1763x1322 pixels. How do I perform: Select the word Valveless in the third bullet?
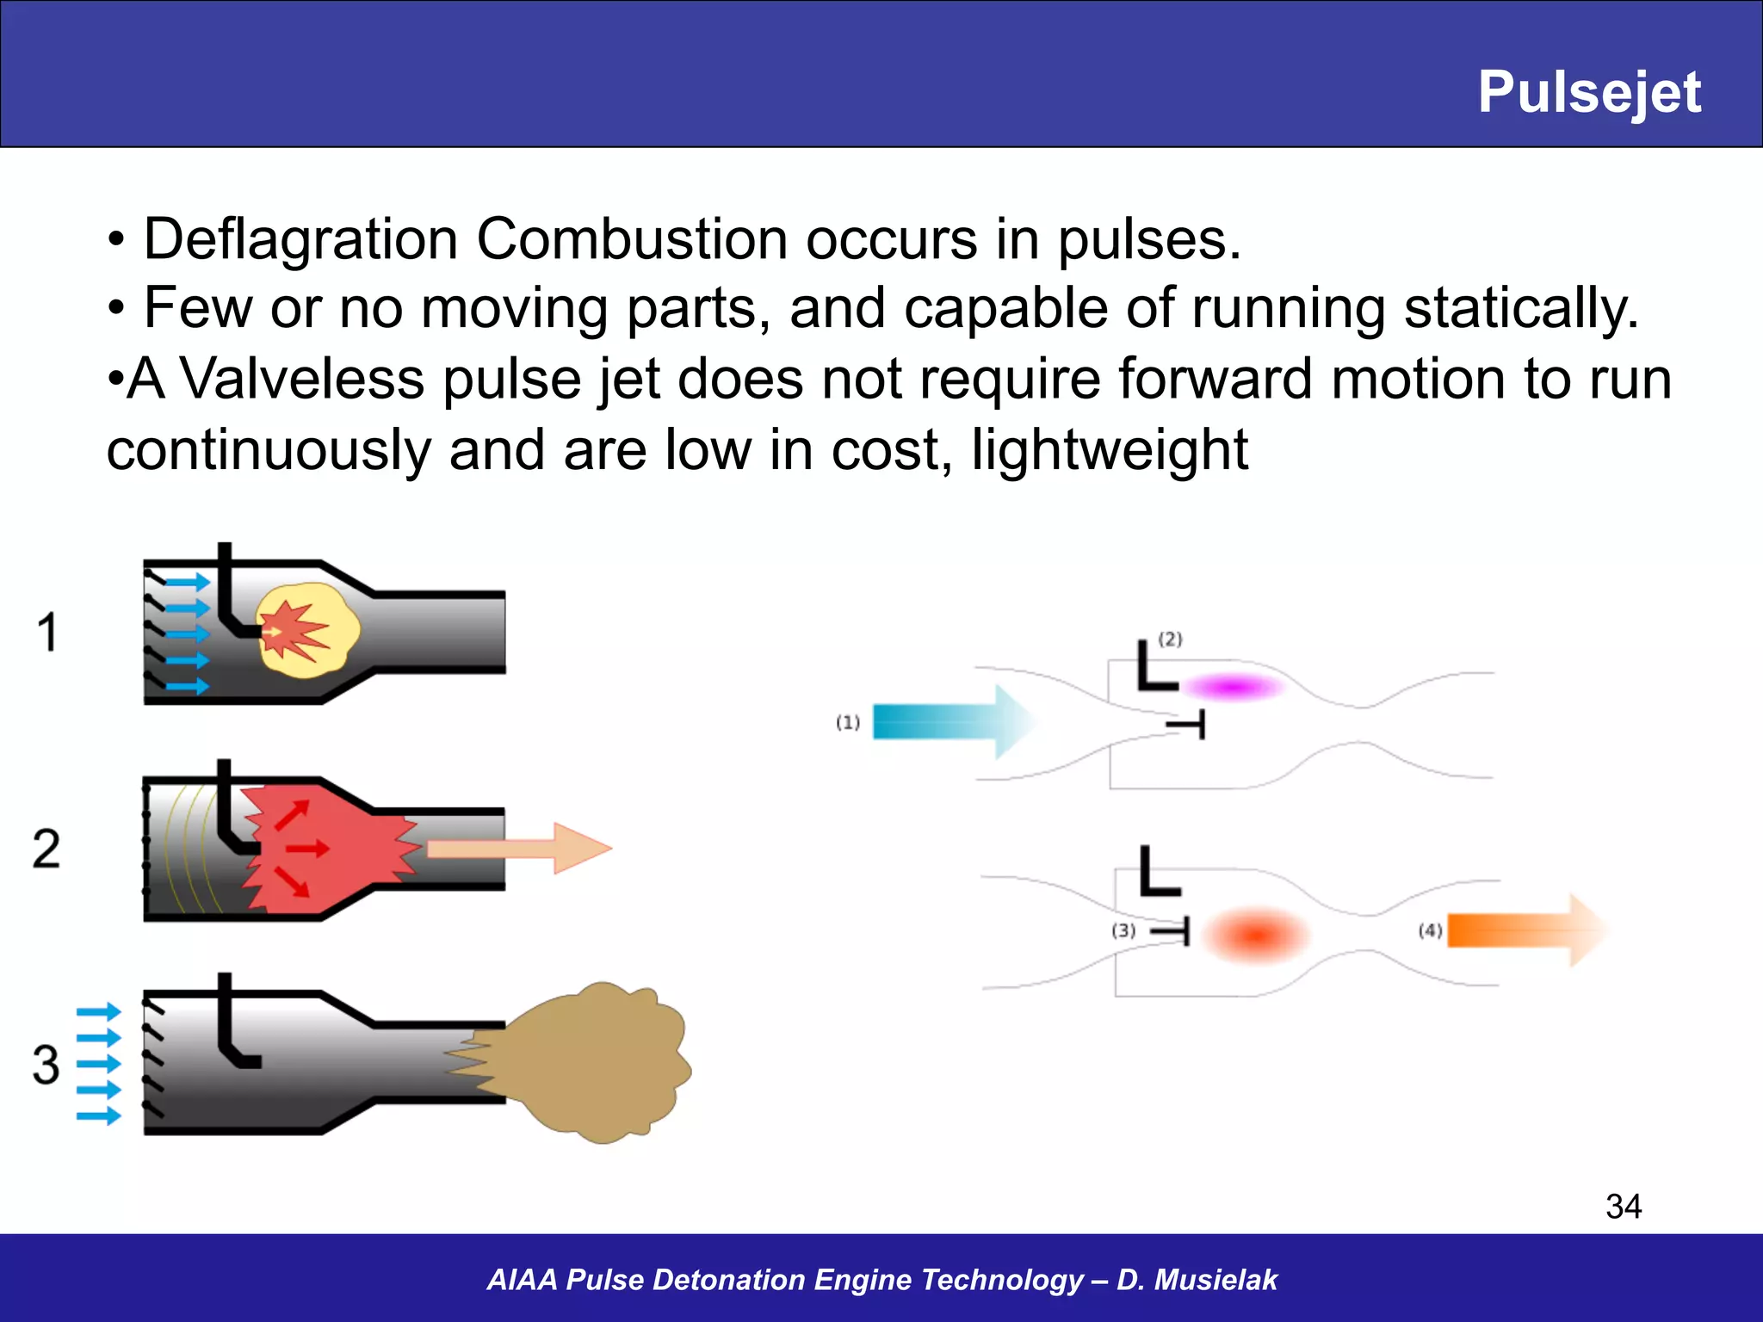click(301, 379)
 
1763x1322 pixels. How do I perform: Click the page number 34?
click(1623, 1206)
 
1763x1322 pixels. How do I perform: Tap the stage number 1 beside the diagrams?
click(46, 632)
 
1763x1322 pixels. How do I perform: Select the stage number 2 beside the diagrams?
click(46, 849)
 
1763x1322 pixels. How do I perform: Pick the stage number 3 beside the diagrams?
click(46, 1065)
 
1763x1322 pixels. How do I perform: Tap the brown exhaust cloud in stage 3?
click(594, 1063)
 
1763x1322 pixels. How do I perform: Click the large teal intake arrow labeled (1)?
click(947, 721)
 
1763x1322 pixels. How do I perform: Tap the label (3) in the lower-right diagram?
click(1123, 930)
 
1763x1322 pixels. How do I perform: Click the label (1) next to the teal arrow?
click(847, 722)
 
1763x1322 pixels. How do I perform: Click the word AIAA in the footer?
click(523, 1280)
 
